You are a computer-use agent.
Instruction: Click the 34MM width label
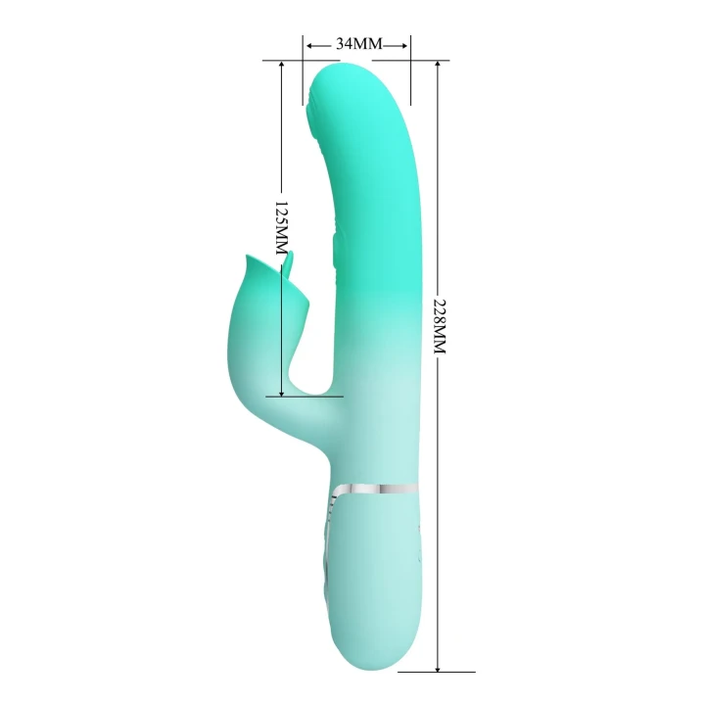click(x=357, y=44)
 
